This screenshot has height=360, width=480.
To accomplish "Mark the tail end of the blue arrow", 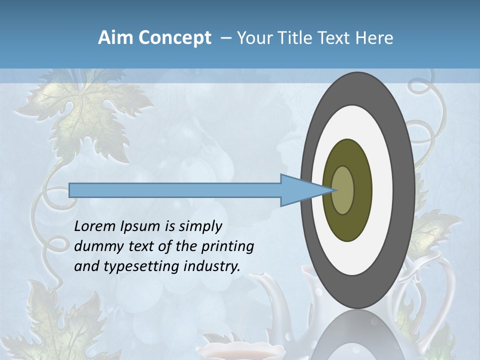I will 70,190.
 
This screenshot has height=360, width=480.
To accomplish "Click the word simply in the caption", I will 200,226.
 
